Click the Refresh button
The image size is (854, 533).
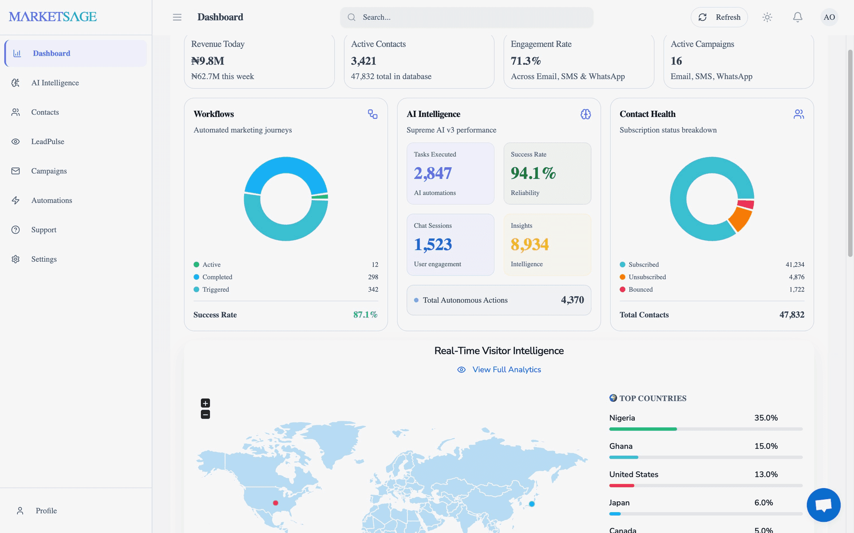[x=719, y=17]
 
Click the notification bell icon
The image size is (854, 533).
[x=798, y=17]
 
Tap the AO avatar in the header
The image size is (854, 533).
[x=829, y=17]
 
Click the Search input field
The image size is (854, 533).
[x=467, y=17]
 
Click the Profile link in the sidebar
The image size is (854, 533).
[x=46, y=511]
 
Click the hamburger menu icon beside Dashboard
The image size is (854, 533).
[x=177, y=17]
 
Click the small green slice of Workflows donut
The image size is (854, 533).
[x=320, y=196]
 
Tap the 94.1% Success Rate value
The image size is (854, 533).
[x=533, y=173]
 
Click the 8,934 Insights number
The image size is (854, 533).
[x=530, y=244]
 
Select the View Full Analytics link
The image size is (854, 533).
[x=507, y=370]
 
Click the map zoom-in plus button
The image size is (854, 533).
[x=205, y=403]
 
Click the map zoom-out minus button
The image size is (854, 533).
[x=205, y=415]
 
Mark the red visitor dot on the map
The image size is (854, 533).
[x=276, y=503]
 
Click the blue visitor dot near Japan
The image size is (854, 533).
[x=532, y=504]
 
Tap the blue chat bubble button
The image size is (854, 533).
[x=824, y=505]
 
